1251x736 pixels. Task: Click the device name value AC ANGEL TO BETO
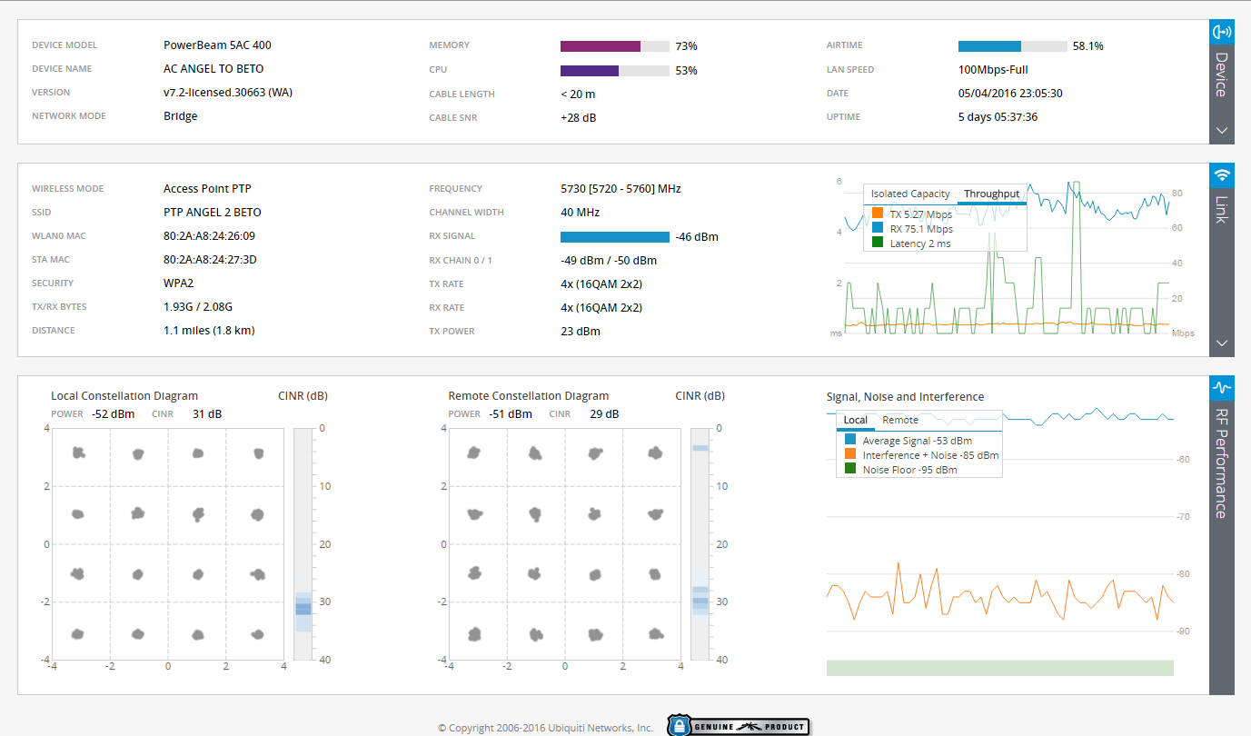click(x=213, y=69)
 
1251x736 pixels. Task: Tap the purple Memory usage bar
click(x=601, y=46)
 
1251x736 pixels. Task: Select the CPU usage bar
click(x=590, y=70)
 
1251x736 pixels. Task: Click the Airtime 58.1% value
click(x=1087, y=46)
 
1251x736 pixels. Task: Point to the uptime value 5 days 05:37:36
click(x=998, y=117)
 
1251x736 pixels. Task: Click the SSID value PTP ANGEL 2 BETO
click(x=212, y=213)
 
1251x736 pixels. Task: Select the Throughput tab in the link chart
click(x=991, y=194)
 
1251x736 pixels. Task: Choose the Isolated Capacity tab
click(x=910, y=194)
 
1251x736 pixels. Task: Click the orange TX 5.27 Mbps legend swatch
click(x=878, y=214)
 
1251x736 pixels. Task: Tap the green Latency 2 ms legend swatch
click(x=878, y=243)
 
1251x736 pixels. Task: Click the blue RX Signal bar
click(x=614, y=237)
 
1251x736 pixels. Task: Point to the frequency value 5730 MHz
click(x=621, y=189)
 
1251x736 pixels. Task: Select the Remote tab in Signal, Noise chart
click(x=900, y=420)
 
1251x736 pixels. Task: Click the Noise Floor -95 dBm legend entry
click(x=909, y=470)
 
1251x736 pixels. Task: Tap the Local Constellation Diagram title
click(x=124, y=396)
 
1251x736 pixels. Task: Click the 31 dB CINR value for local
click(x=207, y=414)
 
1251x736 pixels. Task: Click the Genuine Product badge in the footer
click(x=738, y=726)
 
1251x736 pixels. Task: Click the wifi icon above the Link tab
click(x=1222, y=174)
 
